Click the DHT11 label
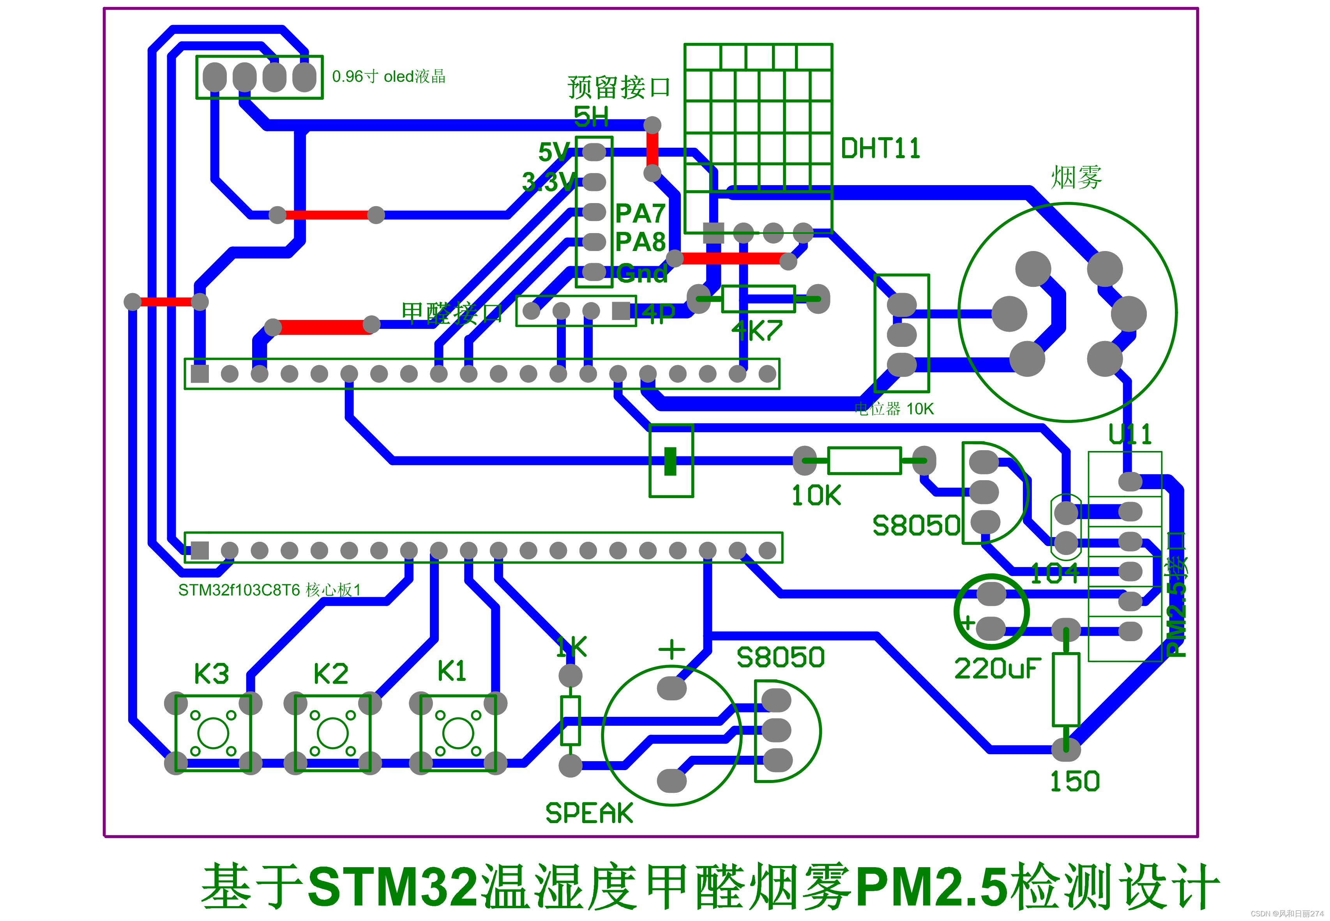tap(880, 149)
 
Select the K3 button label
tap(211, 674)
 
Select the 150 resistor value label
tap(1074, 781)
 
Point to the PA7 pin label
tap(640, 214)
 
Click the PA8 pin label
tap(640, 242)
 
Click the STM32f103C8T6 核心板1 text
tap(269, 590)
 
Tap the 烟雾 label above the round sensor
tap(1076, 177)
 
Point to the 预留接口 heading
tap(618, 88)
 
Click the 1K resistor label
tap(571, 647)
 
